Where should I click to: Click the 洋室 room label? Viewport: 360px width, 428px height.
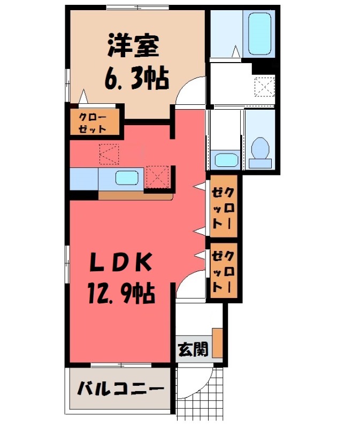pyautogui.click(x=133, y=45)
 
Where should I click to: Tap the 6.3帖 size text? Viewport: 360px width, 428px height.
pyautogui.click(x=136, y=79)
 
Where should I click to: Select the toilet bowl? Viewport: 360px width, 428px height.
pyautogui.click(x=260, y=149)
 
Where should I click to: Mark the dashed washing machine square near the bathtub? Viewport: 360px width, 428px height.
pyautogui.click(x=264, y=87)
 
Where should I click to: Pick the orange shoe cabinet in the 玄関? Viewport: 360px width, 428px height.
pyautogui.click(x=217, y=342)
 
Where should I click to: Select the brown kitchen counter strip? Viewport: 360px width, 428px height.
pyautogui.click(x=134, y=195)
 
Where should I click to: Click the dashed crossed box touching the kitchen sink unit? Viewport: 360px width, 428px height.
pyautogui.click(x=156, y=176)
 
